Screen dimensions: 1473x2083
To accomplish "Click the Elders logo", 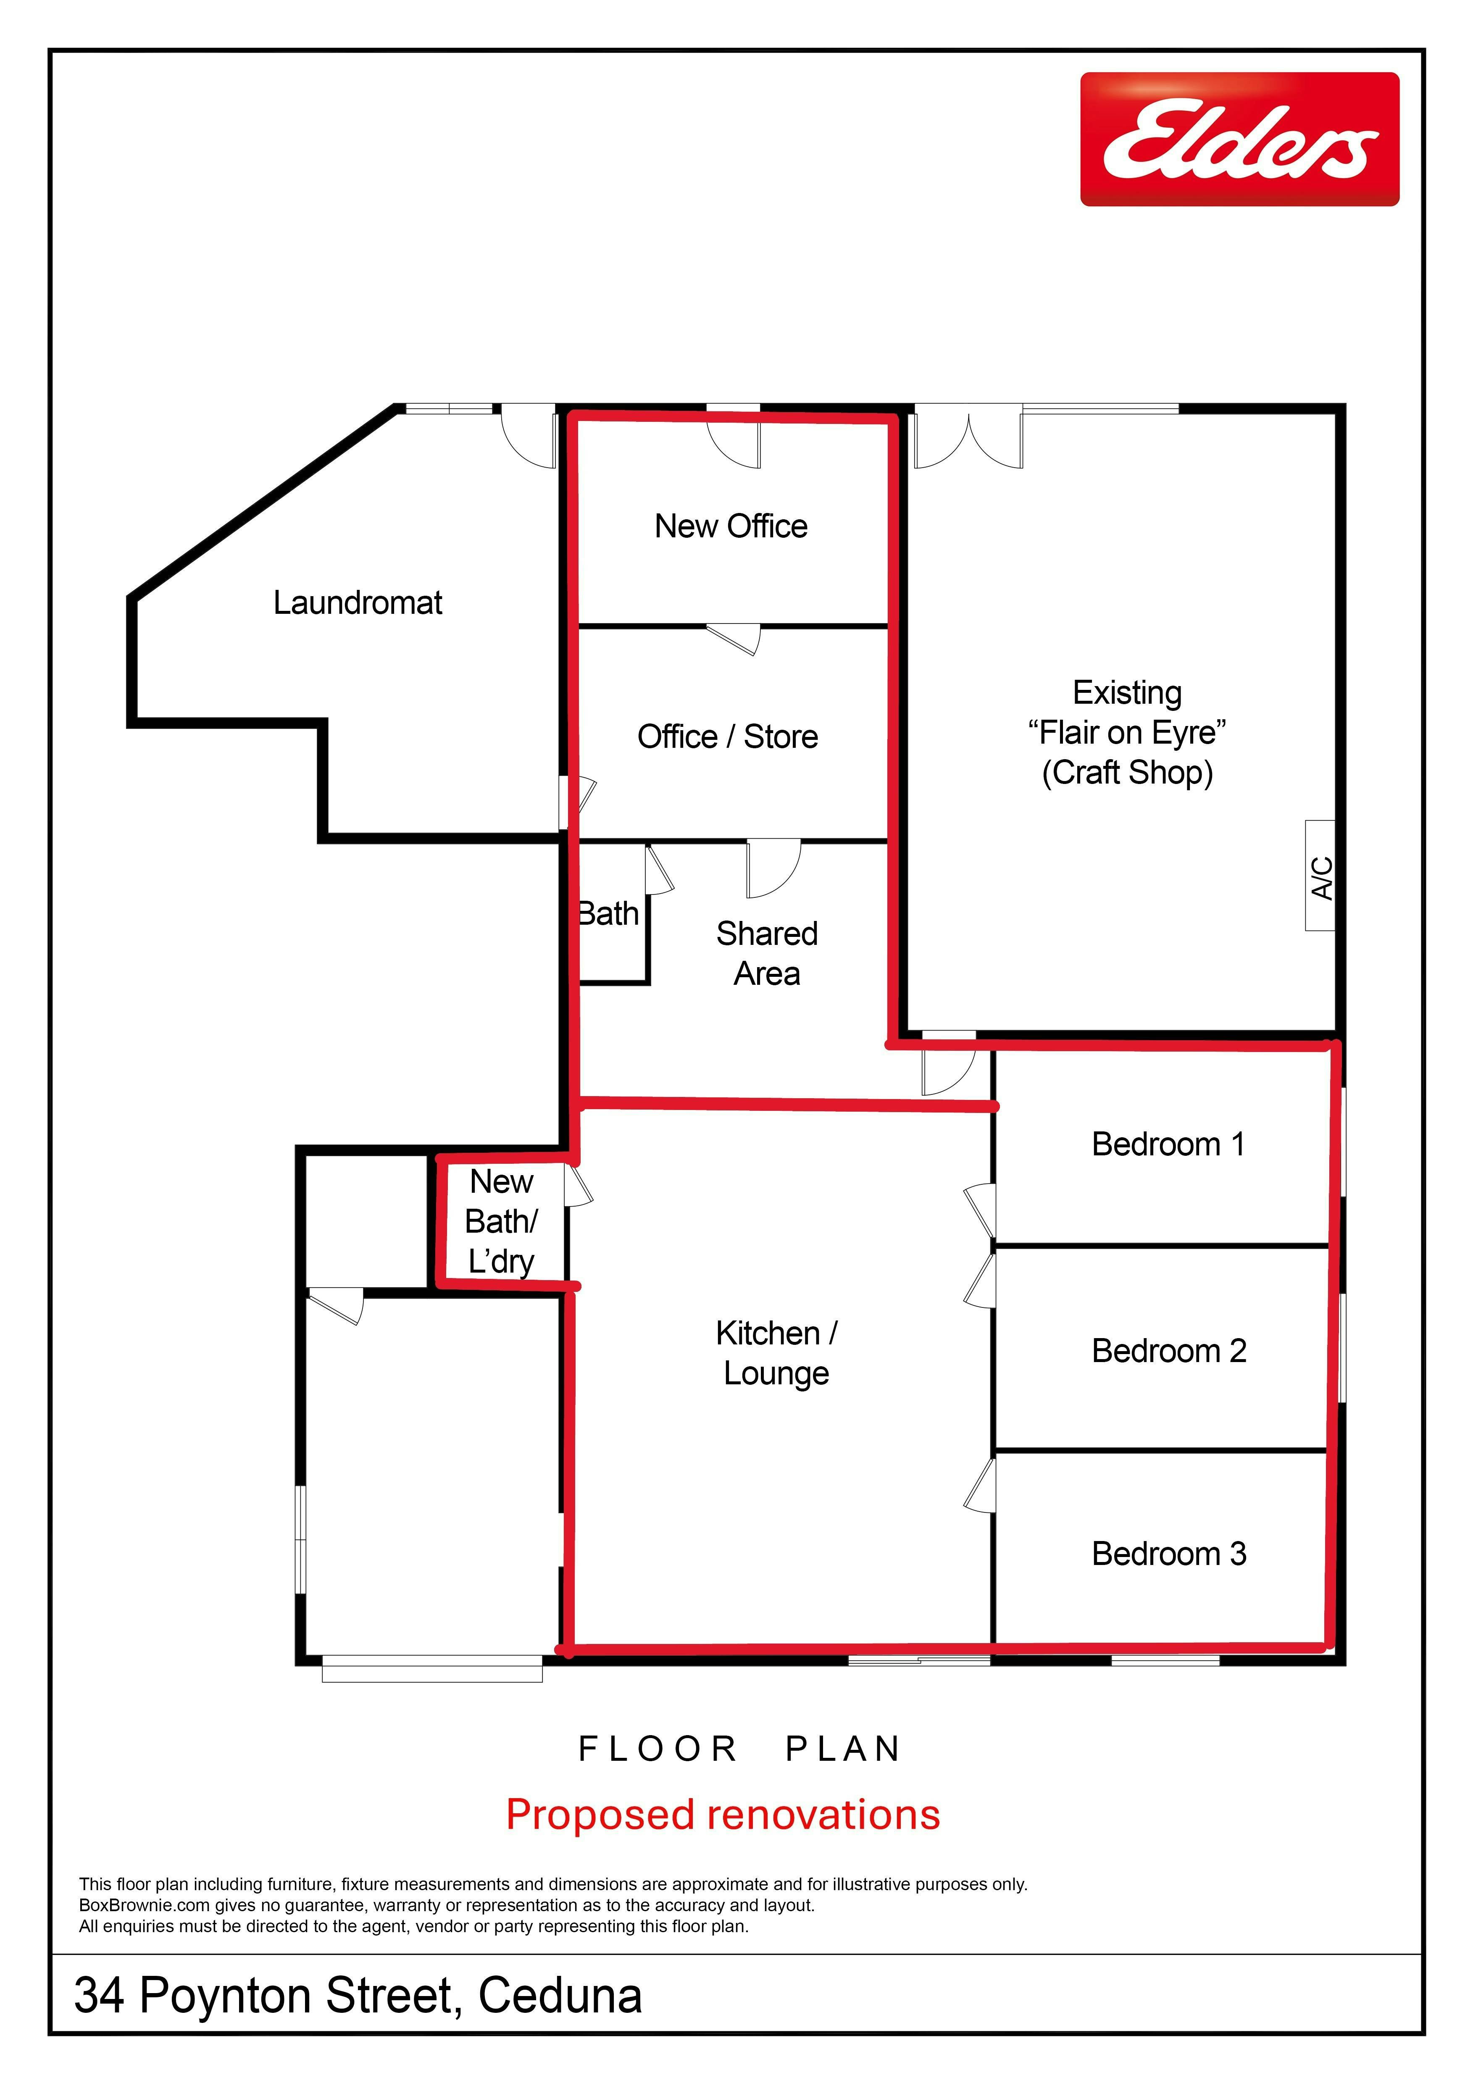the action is pyautogui.click(x=1239, y=139).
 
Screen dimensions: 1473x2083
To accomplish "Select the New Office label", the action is pyautogui.click(x=731, y=526).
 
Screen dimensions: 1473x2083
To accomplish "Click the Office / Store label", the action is pyautogui.click(x=727, y=736).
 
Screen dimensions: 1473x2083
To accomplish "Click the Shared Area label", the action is pyautogui.click(x=767, y=954).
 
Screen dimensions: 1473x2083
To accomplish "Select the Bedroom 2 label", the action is pyautogui.click(x=1169, y=1351).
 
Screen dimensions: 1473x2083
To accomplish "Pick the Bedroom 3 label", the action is pyautogui.click(x=1169, y=1554).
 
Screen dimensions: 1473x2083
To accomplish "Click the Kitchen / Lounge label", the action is pyautogui.click(x=776, y=1353).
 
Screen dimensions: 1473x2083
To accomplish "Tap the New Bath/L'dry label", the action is pyautogui.click(x=502, y=1221).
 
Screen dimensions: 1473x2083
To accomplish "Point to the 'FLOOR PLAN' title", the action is pyautogui.click(x=739, y=1749).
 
